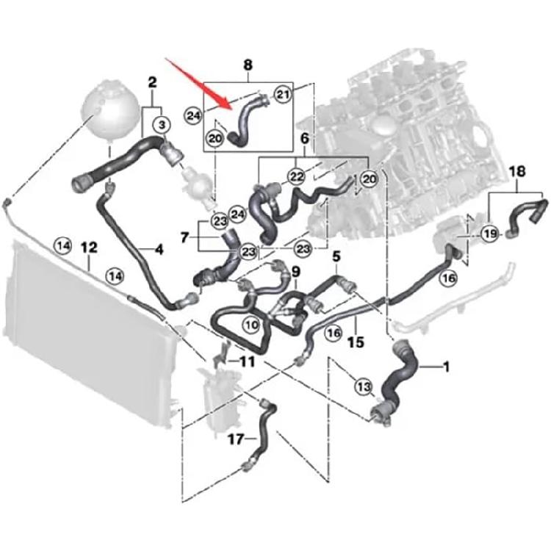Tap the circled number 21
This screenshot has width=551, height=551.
click(x=283, y=93)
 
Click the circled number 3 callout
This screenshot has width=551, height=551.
click(x=160, y=126)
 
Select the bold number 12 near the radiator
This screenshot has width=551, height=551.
click(x=89, y=246)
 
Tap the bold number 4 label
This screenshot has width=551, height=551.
click(x=157, y=250)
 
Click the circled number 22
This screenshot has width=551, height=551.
click(x=296, y=176)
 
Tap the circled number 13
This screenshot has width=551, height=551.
click(x=361, y=386)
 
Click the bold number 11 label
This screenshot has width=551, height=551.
click(x=245, y=361)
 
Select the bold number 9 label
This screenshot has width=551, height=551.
click(x=295, y=273)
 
